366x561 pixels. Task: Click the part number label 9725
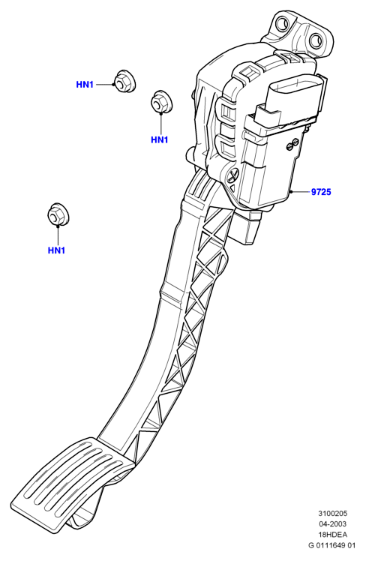[321, 192]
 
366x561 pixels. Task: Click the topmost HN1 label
[85, 85]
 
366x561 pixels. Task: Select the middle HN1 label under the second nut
[160, 139]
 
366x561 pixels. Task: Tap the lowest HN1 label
[56, 250]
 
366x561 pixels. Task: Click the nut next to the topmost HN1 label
[124, 81]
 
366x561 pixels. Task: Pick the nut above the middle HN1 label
[161, 101]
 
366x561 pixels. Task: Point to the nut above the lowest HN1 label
[58, 214]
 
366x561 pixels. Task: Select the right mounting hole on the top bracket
[316, 40]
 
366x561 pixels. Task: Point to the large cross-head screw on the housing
[232, 175]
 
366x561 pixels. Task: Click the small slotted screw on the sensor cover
[292, 143]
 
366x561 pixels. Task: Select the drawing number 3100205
[333, 514]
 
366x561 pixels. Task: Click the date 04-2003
[333, 524]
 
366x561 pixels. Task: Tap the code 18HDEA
[333, 535]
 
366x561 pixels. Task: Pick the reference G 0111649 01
[332, 545]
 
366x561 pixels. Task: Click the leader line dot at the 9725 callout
[292, 192]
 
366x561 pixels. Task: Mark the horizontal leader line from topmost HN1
[104, 85]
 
